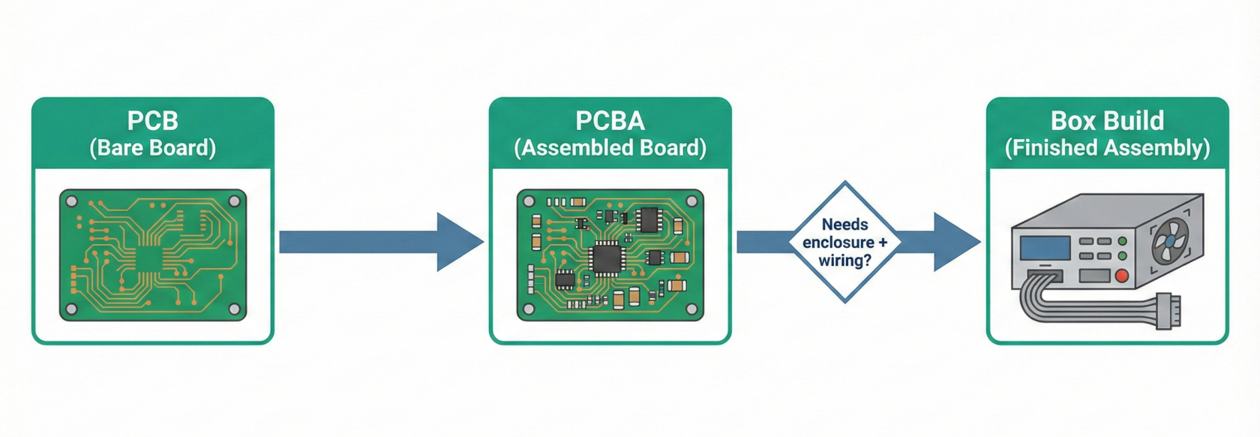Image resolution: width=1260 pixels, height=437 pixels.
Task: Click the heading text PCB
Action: coord(152,121)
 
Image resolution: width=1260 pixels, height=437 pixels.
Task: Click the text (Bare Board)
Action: coord(152,148)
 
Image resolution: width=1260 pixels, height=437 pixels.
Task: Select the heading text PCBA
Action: coord(610,121)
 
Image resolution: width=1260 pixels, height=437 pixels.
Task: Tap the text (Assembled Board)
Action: coord(610,148)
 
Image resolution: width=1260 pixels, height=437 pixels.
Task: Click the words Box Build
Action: coord(1107,121)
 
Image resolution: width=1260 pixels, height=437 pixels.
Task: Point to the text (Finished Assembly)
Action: coord(1107,148)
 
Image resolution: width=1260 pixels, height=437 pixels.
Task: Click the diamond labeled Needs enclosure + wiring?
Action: coord(845,242)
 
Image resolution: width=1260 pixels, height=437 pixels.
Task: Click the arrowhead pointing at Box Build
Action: coord(955,242)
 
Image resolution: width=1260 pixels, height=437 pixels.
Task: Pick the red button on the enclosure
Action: coord(1122,276)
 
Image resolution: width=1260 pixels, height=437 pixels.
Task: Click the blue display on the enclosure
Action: coord(1045,248)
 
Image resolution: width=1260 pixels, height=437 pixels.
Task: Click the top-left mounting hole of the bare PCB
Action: coord(72,201)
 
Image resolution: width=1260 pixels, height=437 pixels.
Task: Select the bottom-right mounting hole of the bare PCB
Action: coord(234,309)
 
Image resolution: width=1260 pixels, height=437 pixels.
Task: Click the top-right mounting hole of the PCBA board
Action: coord(691,201)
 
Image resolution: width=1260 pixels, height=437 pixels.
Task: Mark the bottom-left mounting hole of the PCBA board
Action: coord(529,309)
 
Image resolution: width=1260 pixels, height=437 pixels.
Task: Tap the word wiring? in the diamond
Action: coord(845,261)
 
